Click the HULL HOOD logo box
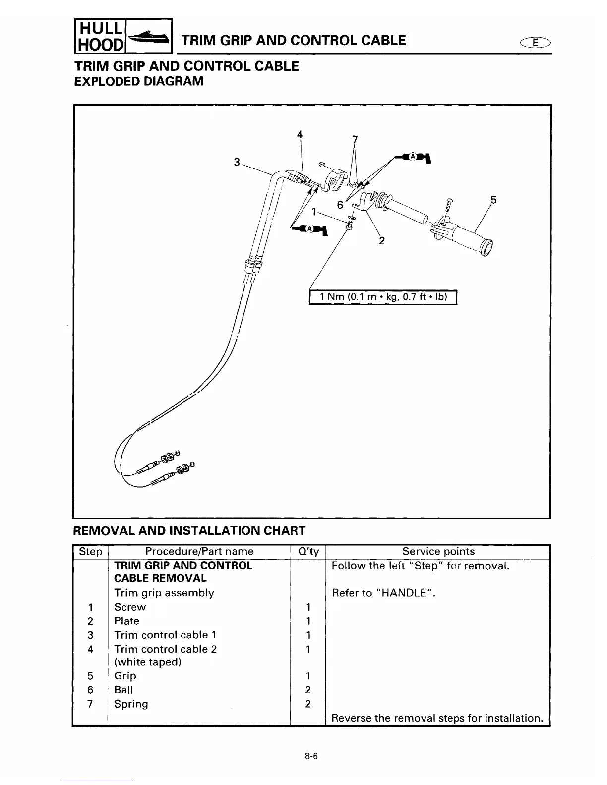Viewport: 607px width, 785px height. point(123,36)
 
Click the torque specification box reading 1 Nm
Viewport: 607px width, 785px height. point(383,297)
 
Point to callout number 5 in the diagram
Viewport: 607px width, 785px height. point(493,200)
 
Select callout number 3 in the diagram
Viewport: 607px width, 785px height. point(237,162)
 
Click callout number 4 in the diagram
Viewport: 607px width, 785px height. point(300,134)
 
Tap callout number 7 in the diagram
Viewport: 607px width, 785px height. point(354,140)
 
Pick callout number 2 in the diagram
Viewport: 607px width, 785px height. point(382,241)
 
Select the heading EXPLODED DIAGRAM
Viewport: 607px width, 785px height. point(138,81)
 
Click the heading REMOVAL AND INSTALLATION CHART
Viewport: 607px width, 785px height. point(189,531)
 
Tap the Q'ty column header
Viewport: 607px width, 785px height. point(307,552)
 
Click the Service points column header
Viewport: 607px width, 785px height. point(438,551)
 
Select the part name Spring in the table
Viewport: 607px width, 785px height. point(131,704)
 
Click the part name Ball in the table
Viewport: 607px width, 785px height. point(123,690)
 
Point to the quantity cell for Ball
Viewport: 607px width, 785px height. point(308,690)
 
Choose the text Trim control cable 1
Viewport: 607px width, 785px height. point(165,635)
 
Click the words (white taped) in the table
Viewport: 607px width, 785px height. point(148,662)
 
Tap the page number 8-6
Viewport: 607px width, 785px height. point(311,756)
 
